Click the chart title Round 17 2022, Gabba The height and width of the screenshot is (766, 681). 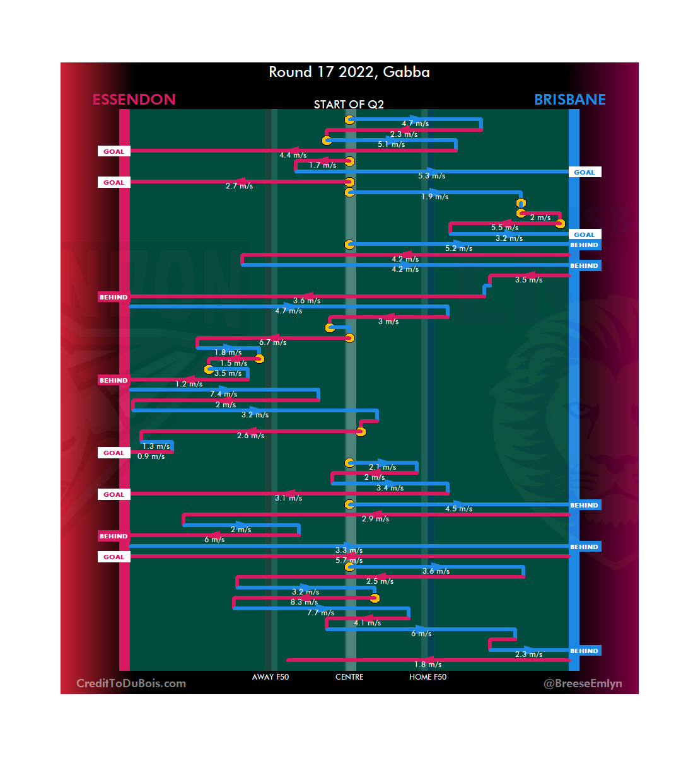point(349,72)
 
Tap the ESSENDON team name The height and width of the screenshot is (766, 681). point(134,100)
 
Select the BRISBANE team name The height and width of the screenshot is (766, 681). point(569,100)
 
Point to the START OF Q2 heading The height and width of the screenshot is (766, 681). point(349,105)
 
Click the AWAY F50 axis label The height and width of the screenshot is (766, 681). point(271,677)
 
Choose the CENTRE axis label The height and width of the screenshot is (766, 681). point(349,677)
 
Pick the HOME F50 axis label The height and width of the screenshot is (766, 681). point(428,677)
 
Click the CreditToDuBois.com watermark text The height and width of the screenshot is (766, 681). point(131,683)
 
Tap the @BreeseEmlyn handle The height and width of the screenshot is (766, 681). point(583,683)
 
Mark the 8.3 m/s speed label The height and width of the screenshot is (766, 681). point(304,602)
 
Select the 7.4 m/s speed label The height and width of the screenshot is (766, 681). point(224,394)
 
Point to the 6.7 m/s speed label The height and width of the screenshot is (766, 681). point(272,342)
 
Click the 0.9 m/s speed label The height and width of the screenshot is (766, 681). point(151,456)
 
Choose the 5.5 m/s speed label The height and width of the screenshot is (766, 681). point(504,228)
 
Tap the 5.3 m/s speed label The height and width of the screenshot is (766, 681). point(431,176)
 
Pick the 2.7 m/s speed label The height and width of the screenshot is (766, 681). point(239,186)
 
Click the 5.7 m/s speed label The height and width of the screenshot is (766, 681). point(349,560)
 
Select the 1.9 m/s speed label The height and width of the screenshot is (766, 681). point(434,197)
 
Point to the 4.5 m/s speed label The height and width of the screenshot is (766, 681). point(458,509)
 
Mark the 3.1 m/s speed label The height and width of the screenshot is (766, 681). point(288,498)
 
